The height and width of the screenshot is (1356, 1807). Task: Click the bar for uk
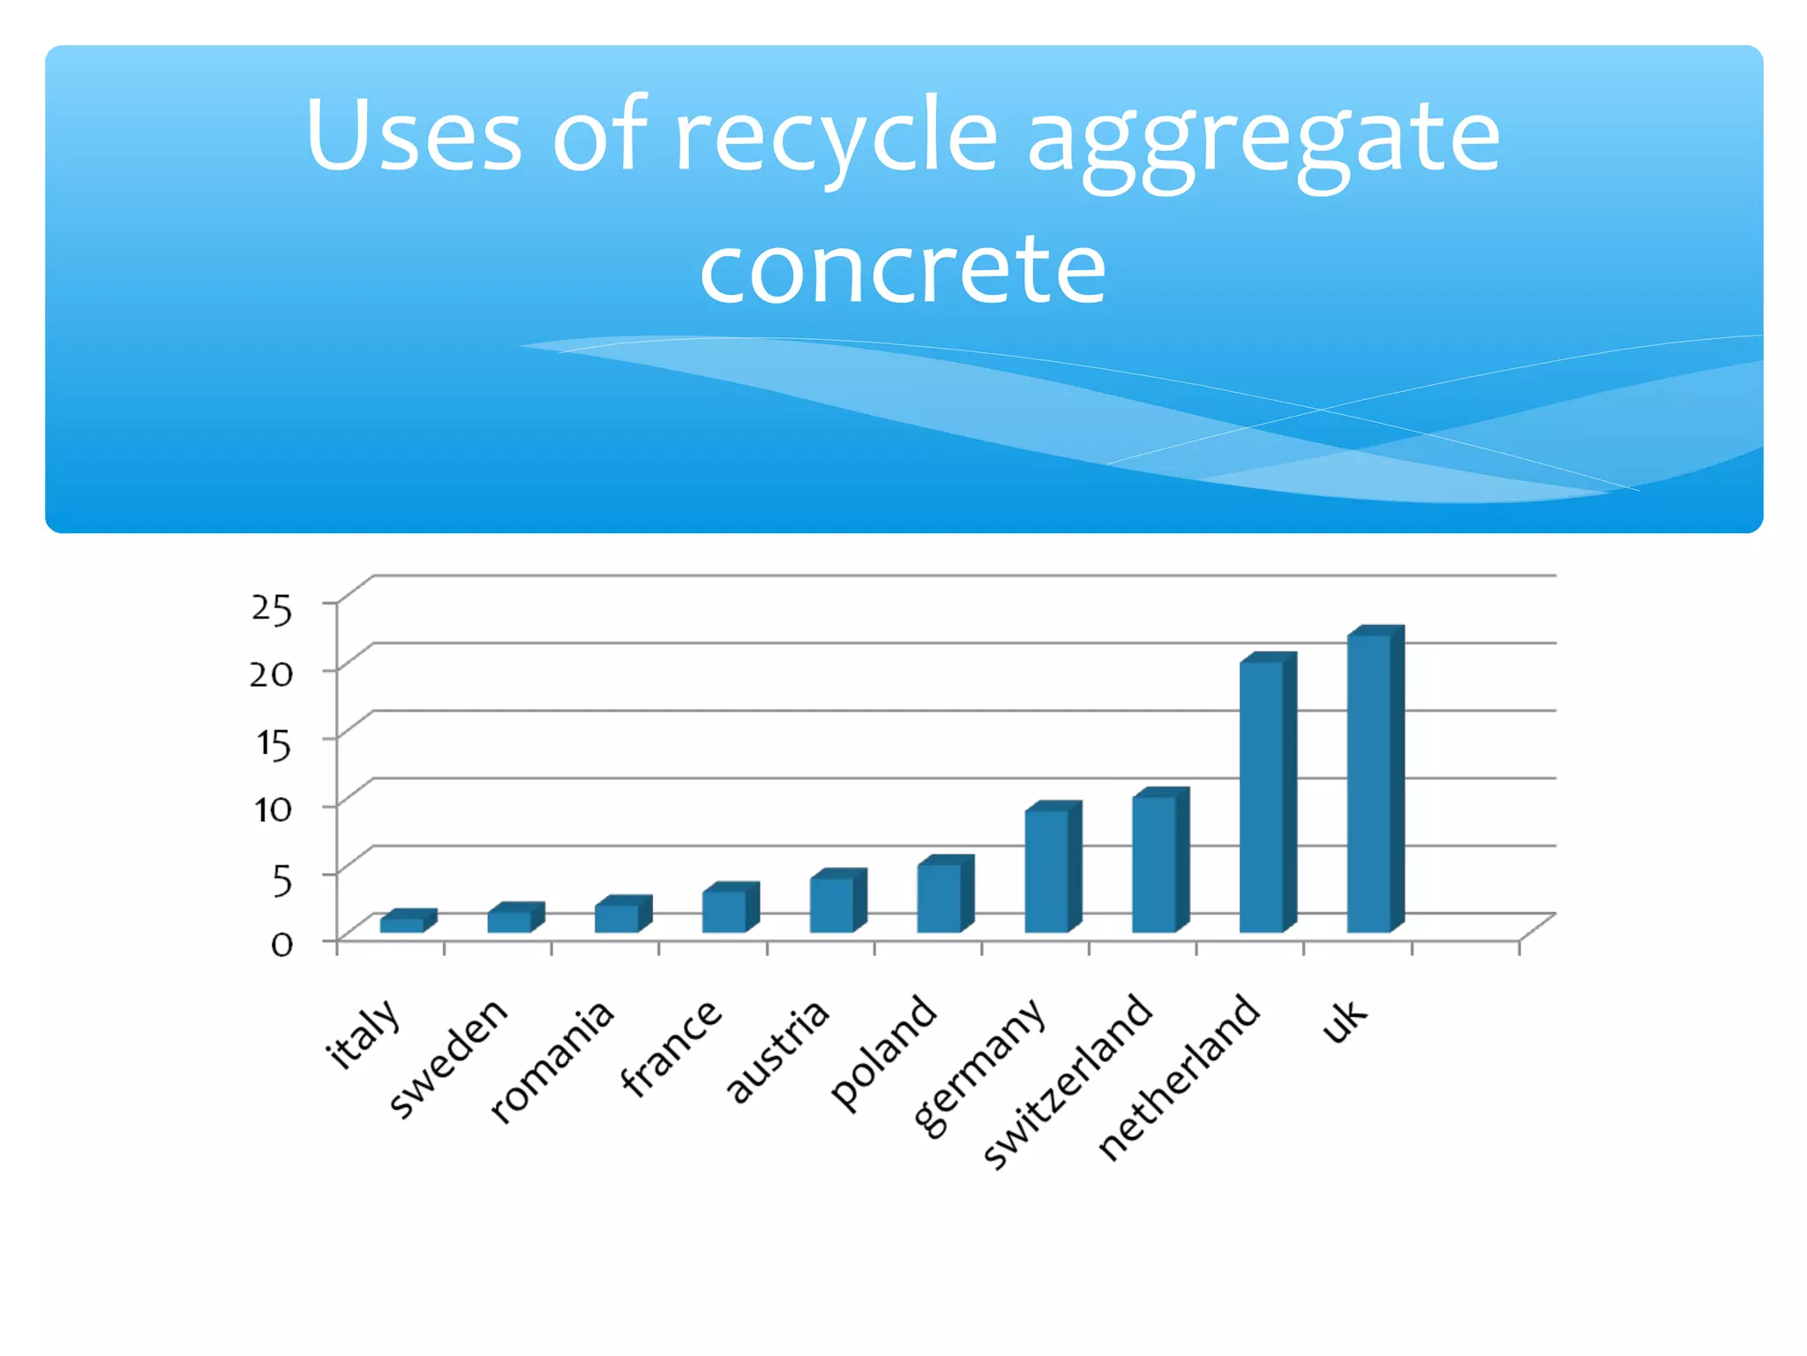pos(1369,784)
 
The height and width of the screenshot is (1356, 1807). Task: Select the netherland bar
pos(1262,796)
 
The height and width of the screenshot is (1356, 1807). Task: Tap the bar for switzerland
pos(1154,864)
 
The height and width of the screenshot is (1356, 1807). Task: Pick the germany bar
pos(1046,871)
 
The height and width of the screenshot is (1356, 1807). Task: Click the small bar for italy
pos(402,924)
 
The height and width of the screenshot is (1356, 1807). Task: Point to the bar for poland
pos(939,898)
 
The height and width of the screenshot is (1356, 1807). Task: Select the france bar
pos(724,911)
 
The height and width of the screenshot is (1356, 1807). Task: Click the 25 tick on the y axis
pos(271,608)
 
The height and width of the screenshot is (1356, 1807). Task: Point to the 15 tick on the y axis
pos(274,743)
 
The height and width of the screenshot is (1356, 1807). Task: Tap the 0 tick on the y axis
pos(281,945)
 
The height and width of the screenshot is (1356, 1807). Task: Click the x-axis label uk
pos(1344,1021)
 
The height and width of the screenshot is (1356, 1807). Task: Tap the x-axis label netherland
pos(1179,1077)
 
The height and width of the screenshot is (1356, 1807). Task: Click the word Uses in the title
pos(414,135)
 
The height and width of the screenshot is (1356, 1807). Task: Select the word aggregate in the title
pos(1263,141)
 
